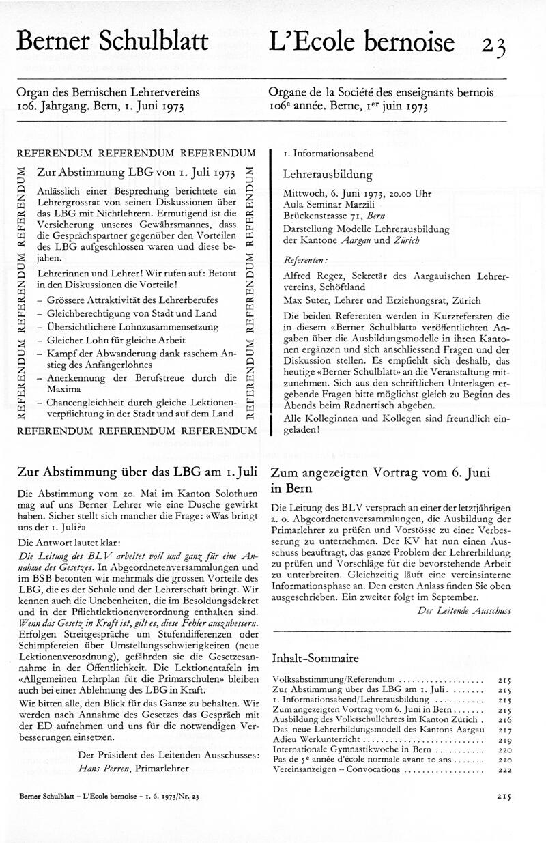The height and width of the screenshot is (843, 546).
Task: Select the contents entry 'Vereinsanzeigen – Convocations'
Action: pos(336,769)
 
